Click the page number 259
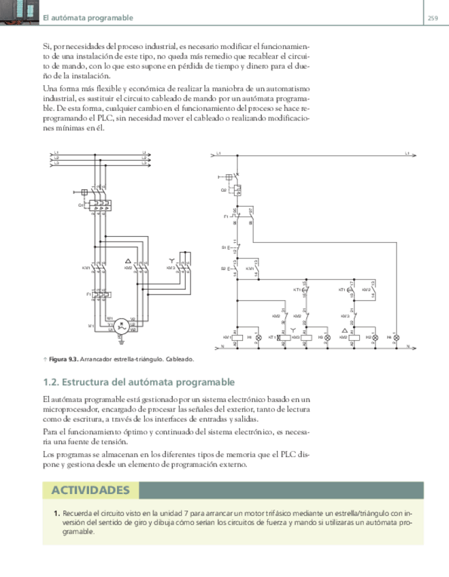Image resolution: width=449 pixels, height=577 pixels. pyautogui.click(x=432, y=18)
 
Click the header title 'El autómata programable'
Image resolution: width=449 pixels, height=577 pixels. pyautogui.click(x=88, y=18)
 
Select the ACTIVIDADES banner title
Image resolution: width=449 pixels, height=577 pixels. pyautogui.click(x=90, y=490)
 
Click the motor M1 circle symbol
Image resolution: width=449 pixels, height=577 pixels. pyautogui.click(x=120, y=325)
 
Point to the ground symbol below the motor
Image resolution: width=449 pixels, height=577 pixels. pyautogui.click(x=120, y=338)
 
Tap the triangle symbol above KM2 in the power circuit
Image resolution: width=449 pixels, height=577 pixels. pyautogui.click(x=129, y=261)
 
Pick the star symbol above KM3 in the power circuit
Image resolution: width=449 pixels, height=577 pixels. pyautogui.click(x=171, y=261)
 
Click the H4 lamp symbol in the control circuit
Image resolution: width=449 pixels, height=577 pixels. pyautogui.click(x=397, y=337)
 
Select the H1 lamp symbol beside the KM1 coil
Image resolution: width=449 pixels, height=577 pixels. pyautogui.click(x=258, y=337)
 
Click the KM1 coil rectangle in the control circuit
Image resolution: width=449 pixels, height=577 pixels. pyautogui.click(x=236, y=337)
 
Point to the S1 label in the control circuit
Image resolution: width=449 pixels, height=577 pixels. pyautogui.click(x=223, y=247)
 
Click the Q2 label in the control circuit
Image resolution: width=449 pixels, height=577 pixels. pyautogui.click(x=223, y=190)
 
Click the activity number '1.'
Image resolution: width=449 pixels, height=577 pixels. pyautogui.click(x=56, y=513)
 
